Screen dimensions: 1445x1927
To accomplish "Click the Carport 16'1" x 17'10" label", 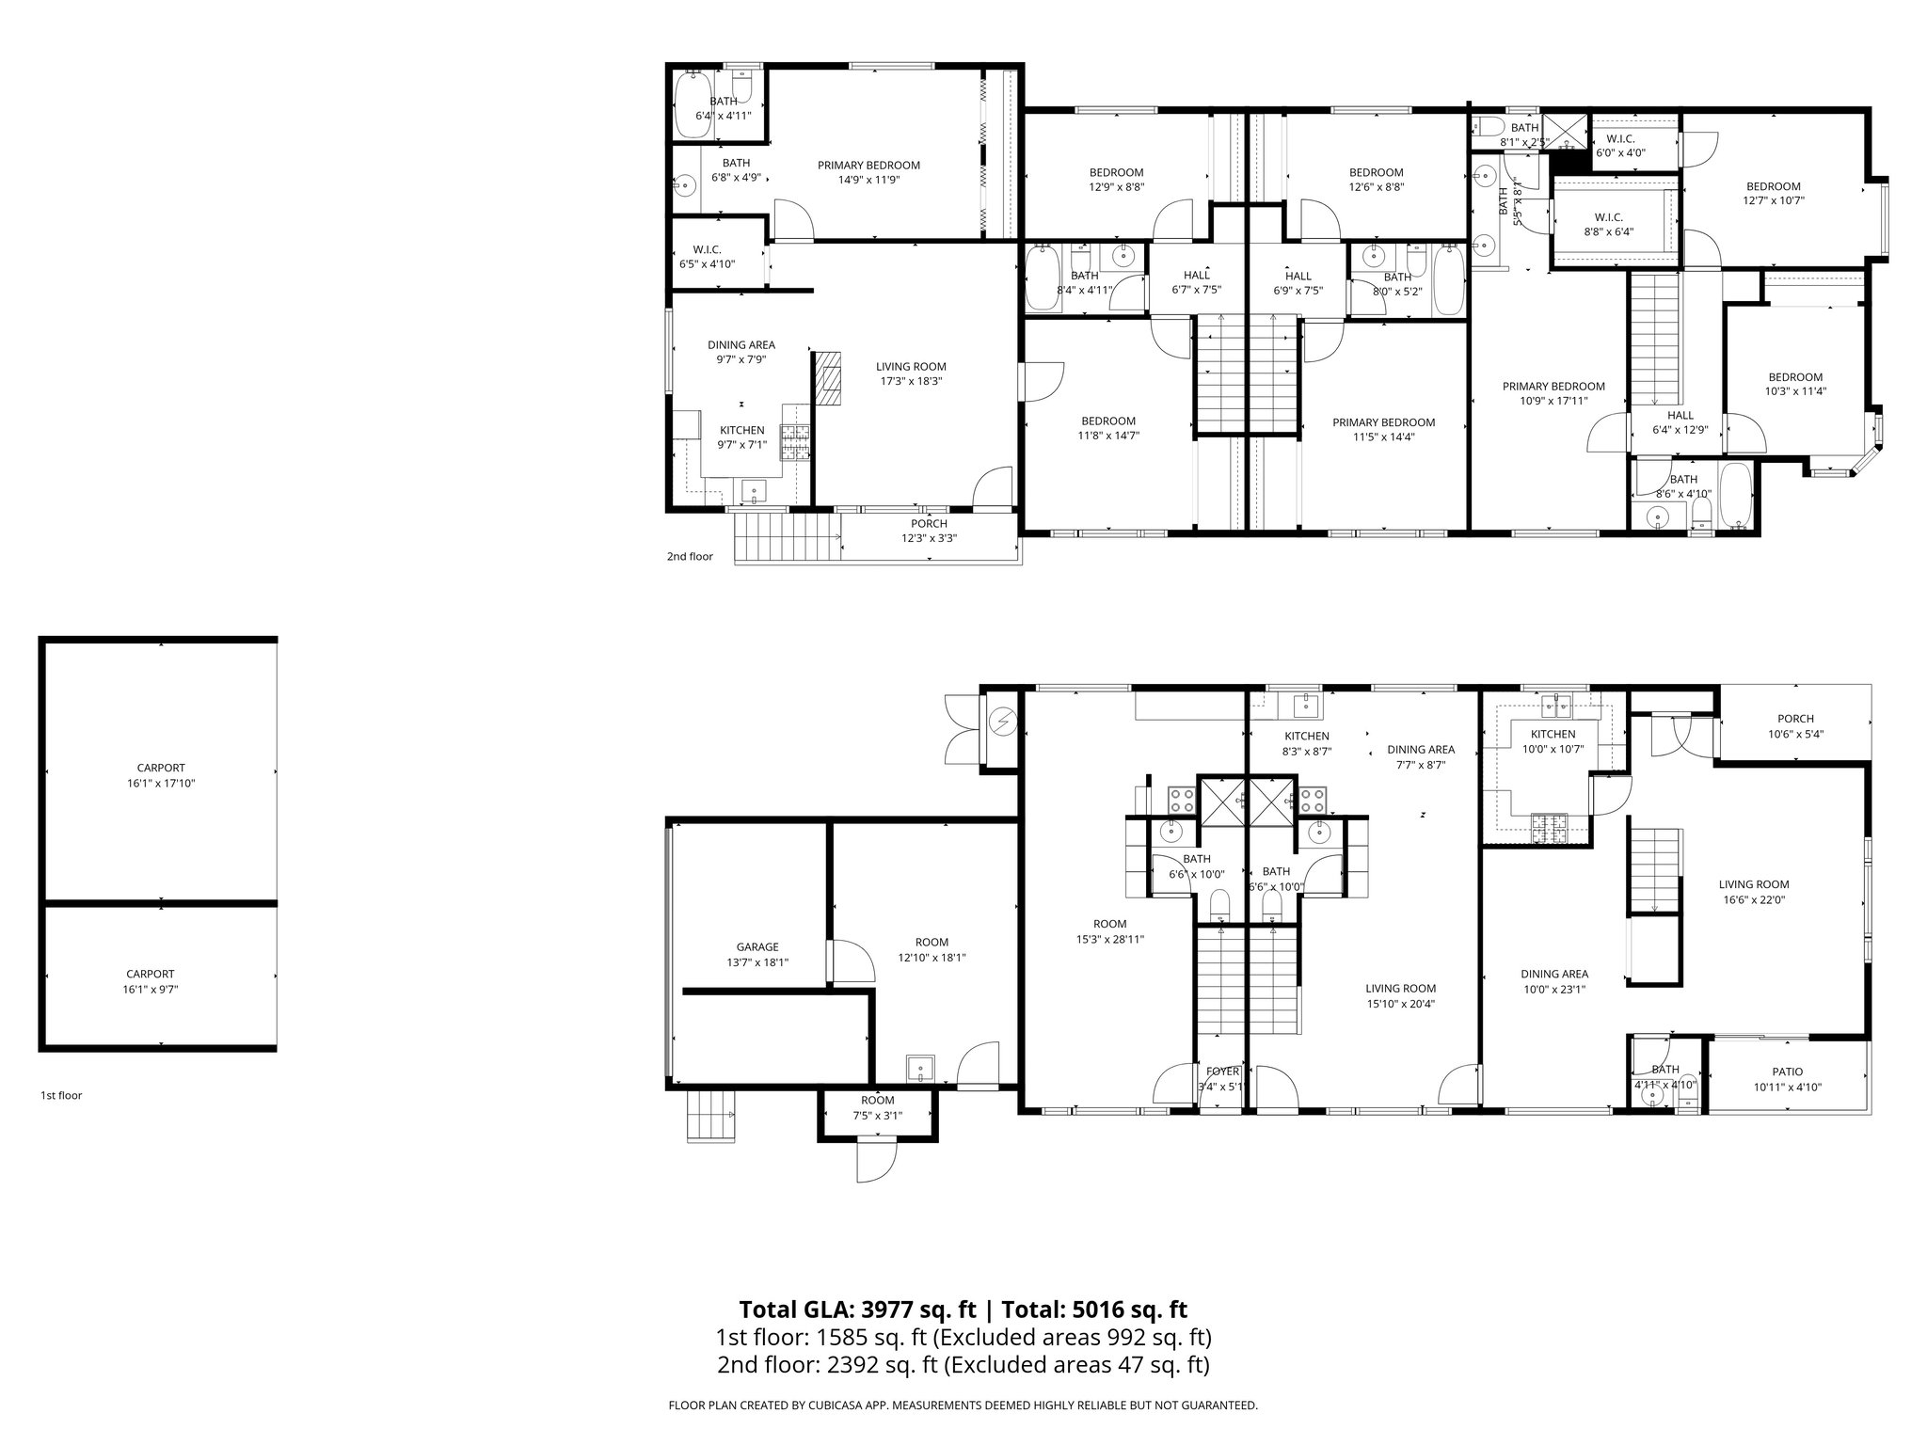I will tap(161, 775).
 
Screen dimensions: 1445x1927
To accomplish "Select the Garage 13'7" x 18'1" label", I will tap(757, 955).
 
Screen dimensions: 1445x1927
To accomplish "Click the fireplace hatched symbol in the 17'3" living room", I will tap(829, 378).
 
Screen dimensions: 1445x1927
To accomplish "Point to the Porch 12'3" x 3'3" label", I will tap(929, 531).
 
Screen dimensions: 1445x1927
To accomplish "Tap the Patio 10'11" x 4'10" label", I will tap(1787, 1079).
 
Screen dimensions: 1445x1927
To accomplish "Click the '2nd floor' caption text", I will tap(690, 556).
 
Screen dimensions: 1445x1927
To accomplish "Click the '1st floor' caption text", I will tap(61, 1095).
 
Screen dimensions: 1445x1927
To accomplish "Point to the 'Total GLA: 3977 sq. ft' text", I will tap(857, 1310).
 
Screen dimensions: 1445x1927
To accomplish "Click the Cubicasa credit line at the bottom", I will tap(963, 1405).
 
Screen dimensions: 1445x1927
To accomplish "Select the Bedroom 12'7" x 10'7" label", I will tap(1773, 193).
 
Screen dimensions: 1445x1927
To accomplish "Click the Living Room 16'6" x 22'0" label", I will tap(1753, 891).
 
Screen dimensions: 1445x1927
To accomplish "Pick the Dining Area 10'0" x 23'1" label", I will tap(1554, 981).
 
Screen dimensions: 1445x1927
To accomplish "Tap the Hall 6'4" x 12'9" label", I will tap(1680, 422).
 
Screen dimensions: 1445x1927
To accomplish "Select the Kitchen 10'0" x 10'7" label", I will tap(1553, 741).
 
